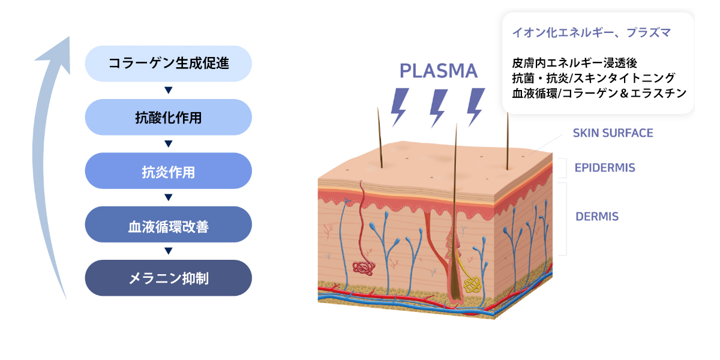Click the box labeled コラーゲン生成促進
pyautogui.click(x=169, y=63)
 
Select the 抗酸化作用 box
pyautogui.click(x=169, y=117)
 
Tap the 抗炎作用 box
pyautogui.click(x=169, y=171)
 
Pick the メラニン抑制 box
pyautogui.click(x=169, y=278)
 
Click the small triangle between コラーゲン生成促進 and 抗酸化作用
pyautogui.click(x=169, y=90)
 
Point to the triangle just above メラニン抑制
pyautogui.click(x=169, y=251)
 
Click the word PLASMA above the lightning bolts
pyautogui.click(x=439, y=71)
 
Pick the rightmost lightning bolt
pyautogui.click(x=476, y=106)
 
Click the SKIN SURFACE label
pyautogui.click(x=613, y=133)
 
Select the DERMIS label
pyautogui.click(x=596, y=217)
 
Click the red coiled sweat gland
pyautogui.click(x=363, y=268)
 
